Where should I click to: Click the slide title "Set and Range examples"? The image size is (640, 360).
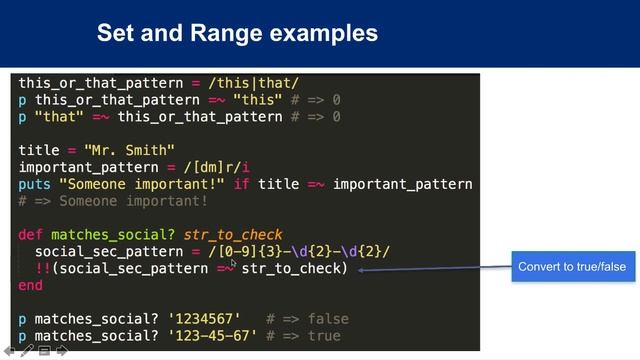click(237, 33)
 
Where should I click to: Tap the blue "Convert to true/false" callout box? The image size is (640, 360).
click(571, 268)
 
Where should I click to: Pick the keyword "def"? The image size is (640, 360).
click(30, 235)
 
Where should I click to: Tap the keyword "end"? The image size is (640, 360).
click(30, 285)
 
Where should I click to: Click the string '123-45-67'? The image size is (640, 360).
click(212, 336)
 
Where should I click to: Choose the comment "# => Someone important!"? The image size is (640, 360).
click(113, 201)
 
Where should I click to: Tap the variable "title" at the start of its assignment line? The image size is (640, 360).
click(39, 150)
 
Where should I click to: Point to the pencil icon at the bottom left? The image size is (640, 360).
click(27, 352)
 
